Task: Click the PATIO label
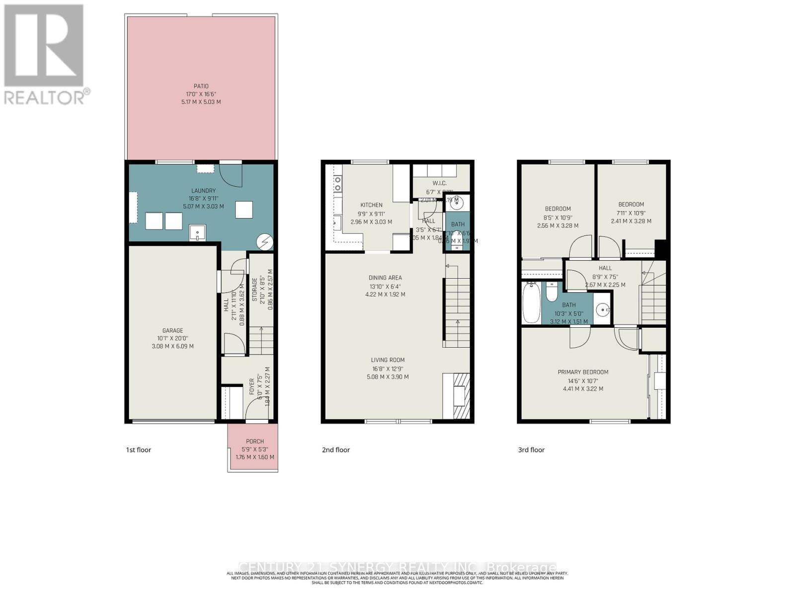pos(201,86)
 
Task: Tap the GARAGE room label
pos(172,330)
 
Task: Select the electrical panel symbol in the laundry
pos(265,242)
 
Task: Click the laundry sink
pos(198,232)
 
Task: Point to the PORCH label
pos(255,441)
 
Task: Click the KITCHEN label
pos(371,205)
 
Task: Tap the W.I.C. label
pos(440,183)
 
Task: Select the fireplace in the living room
pos(456,397)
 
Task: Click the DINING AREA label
pos(385,278)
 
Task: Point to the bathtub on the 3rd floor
pos(531,302)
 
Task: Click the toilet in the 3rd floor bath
pos(552,292)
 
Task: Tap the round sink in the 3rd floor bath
pos(603,310)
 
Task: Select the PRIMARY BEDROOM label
pos(583,372)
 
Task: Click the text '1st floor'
pos(138,450)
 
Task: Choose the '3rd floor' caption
pos(531,450)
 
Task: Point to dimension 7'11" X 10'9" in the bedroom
pos(631,213)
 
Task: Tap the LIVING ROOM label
pos(388,360)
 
